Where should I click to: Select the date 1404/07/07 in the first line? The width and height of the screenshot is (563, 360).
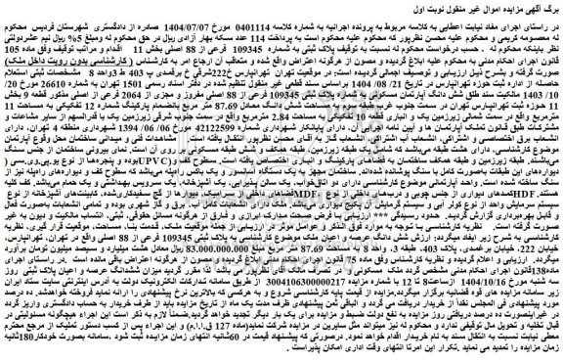[221, 24]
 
